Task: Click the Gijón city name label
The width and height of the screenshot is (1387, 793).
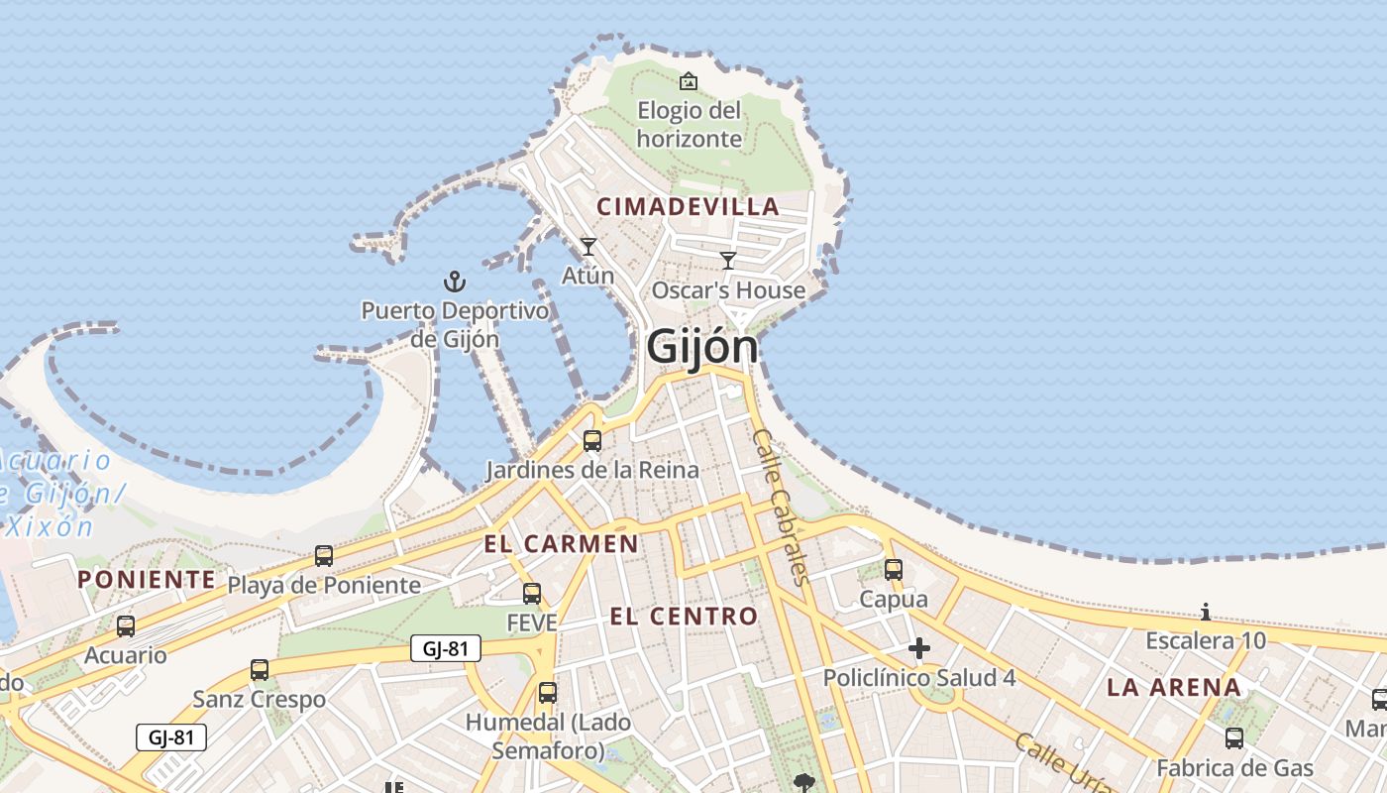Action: coord(701,347)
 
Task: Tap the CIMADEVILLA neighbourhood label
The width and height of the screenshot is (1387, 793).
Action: coord(688,207)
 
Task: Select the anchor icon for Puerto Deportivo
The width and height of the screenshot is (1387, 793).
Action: coord(454,282)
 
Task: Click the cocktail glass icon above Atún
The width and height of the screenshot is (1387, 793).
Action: coord(588,247)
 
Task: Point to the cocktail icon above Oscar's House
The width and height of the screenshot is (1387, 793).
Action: coord(728,261)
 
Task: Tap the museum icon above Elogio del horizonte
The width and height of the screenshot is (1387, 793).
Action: coord(689,81)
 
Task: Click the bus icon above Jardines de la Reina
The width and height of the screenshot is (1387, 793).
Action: coord(592,441)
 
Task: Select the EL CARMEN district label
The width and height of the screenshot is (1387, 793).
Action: coord(561,543)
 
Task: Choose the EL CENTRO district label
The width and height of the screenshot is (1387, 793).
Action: coord(684,617)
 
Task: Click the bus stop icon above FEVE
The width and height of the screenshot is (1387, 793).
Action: coord(532,594)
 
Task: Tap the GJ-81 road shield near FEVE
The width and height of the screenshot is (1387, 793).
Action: coord(445,649)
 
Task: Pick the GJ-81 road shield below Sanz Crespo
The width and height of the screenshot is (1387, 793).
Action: coord(170,737)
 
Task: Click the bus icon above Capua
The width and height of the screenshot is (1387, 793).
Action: coord(894,570)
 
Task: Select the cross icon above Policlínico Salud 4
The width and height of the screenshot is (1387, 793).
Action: coord(919,649)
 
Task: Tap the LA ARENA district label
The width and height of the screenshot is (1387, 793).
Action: coord(1173,688)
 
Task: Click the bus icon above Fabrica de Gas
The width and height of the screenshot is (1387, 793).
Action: coord(1234,738)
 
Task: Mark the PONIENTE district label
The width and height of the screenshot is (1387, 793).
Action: coord(147,580)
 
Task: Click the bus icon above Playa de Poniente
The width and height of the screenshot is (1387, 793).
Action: coord(324,556)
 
